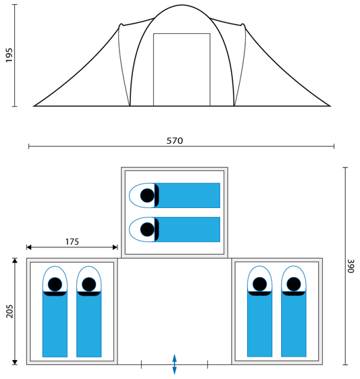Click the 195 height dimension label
[9, 55]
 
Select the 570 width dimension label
[175, 141]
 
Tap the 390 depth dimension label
[351, 266]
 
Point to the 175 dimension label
[72, 242]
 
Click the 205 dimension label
[9, 311]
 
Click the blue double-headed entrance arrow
[174, 364]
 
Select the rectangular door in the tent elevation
[182, 70]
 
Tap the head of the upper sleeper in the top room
[147, 195]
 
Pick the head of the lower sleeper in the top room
[147, 230]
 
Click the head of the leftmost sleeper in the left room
[55, 284]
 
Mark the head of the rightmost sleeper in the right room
[294, 284]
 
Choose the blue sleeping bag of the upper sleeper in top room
[188, 195]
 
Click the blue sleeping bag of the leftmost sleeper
[55, 324]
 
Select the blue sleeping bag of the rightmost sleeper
[294, 324]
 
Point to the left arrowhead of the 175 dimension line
[29, 247]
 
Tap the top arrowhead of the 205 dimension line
[15, 260]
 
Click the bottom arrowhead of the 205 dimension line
[15, 362]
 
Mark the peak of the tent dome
[182, 5]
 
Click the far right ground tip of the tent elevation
[330, 106]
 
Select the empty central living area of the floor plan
[174, 311]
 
